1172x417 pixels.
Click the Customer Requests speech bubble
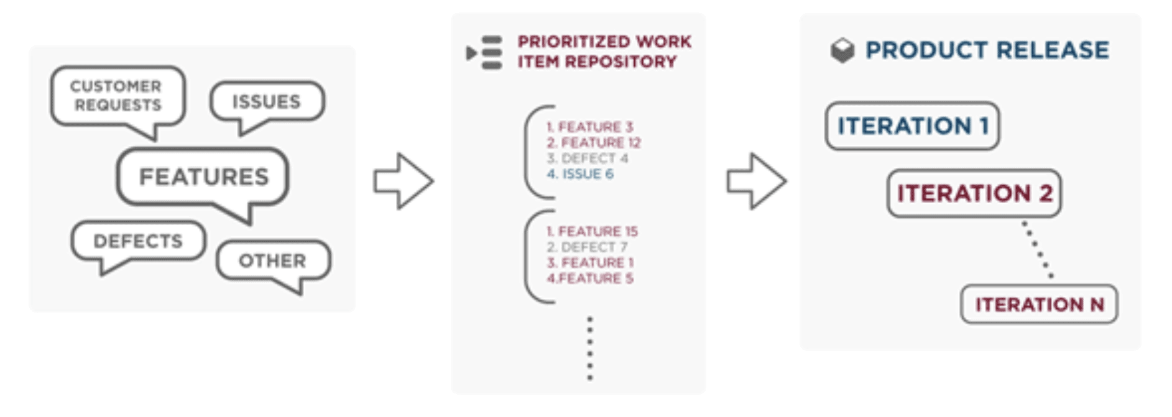pos(118,96)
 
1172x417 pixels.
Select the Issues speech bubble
pos(267,101)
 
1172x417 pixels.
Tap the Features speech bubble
pos(203,177)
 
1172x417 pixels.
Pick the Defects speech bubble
pos(138,241)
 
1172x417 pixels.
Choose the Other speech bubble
pos(272,260)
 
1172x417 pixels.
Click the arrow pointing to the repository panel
pos(403,181)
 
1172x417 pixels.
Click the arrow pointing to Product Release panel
pos(756,181)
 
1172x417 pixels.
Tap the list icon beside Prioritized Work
pos(484,53)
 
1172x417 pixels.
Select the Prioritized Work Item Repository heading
pos(604,52)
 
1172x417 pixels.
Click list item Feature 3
pos(589,127)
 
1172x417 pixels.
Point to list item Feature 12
pos(593,143)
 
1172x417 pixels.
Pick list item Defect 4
pos(588,158)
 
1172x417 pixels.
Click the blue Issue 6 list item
pos(580,174)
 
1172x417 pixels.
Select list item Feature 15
pos(592,231)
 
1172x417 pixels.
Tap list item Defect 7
pos(587,247)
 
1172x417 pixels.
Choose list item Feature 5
pos(590,278)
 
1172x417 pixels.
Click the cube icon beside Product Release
pos(842,50)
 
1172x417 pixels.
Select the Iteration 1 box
pos(912,126)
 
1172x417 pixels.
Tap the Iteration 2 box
pos(974,193)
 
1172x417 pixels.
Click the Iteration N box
pos(1039,305)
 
